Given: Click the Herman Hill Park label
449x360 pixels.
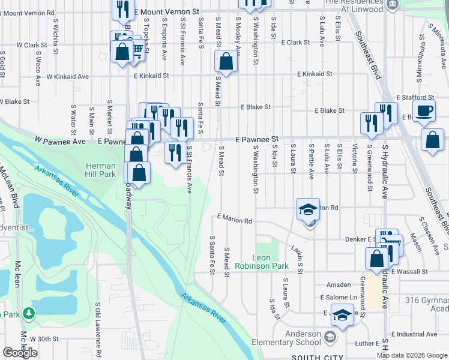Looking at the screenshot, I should point(100,170).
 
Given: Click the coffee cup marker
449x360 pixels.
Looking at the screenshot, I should point(424,112).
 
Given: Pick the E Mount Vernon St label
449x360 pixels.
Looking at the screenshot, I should point(166,11).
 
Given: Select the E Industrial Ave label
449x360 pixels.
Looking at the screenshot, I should point(415,334).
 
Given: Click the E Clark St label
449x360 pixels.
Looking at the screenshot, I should point(289,43).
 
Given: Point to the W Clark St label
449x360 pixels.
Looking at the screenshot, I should point(32,45).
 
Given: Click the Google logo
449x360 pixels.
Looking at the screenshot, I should point(20,353).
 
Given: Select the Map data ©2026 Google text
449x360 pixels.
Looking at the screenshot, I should point(412,355).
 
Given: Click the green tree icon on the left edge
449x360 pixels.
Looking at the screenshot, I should point(28,313).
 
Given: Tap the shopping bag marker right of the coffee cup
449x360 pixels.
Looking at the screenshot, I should point(432,141).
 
